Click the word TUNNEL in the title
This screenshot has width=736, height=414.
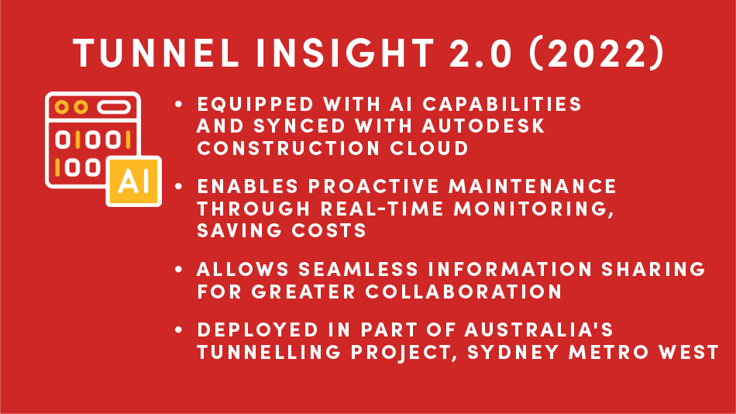156,53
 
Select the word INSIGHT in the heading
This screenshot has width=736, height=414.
345,53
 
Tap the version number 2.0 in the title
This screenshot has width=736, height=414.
480,53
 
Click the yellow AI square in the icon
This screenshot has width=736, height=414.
134,181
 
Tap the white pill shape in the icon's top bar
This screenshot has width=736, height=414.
114,107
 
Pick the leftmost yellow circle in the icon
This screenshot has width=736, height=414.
61,107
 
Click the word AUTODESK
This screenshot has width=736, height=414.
483,126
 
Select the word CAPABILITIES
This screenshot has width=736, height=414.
502,104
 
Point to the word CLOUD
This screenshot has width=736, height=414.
429,148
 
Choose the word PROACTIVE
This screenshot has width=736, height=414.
373,187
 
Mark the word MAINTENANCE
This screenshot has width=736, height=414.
532,187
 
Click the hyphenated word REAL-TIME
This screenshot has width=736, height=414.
382,209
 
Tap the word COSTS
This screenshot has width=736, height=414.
328,231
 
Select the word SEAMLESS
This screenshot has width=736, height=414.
358,269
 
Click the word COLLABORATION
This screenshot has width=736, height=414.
463,292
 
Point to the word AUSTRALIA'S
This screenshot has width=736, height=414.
539,329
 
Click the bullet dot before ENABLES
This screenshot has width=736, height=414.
178,187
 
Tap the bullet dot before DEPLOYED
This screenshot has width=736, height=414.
178,329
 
